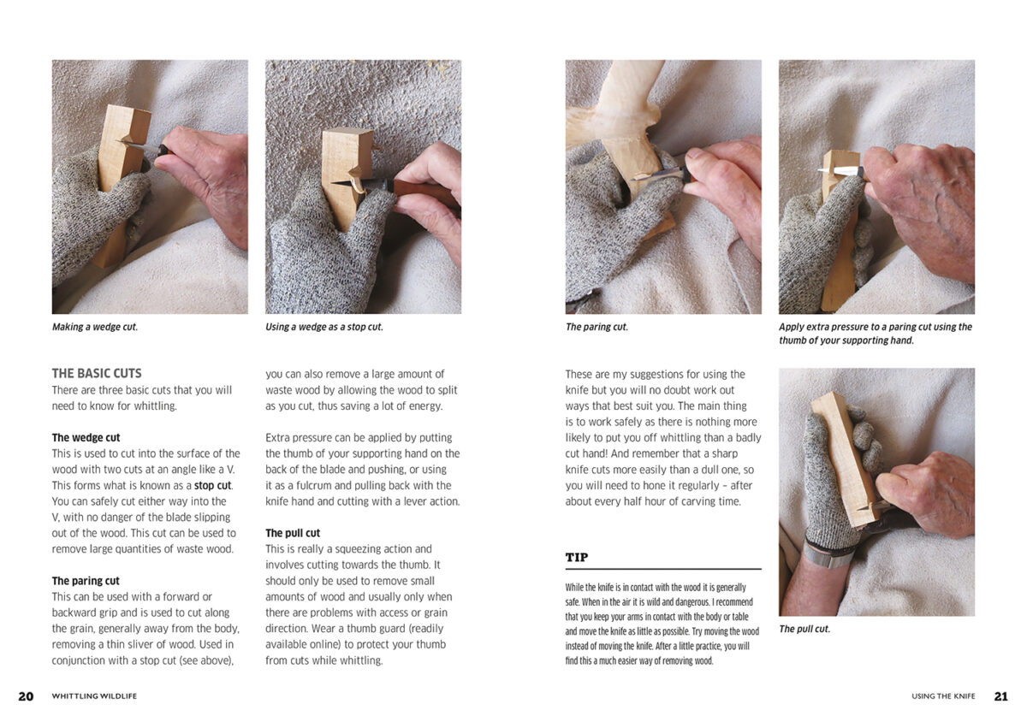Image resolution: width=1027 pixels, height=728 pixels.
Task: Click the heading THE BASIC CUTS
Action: [x=97, y=373]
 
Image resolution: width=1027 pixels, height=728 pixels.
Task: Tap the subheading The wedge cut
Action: [x=86, y=437]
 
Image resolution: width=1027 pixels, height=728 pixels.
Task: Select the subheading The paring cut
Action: [x=86, y=581]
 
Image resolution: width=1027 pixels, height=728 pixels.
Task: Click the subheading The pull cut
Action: [x=293, y=533]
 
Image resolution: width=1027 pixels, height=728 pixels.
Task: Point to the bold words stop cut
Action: [x=213, y=485]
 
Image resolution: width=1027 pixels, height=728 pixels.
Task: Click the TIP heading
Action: [x=577, y=557]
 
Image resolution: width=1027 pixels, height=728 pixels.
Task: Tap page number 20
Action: [x=26, y=696]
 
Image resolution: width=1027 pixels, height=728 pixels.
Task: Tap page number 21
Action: [x=1000, y=696]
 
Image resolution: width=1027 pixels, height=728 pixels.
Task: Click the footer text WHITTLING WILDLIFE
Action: [x=94, y=696]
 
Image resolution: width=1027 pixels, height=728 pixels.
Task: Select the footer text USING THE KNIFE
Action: [x=943, y=696]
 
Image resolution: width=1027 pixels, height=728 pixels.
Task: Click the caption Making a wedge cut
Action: [x=95, y=327]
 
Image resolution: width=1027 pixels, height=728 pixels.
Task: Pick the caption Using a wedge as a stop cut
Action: [x=324, y=327]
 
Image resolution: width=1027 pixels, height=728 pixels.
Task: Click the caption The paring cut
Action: [x=597, y=327]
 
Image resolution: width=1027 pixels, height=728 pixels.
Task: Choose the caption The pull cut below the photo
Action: [x=804, y=629]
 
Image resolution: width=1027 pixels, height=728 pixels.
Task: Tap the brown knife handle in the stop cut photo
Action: [x=424, y=192]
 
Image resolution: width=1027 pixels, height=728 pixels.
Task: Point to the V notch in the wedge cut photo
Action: [x=127, y=139]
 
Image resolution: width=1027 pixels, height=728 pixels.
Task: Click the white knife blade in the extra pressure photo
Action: [x=838, y=170]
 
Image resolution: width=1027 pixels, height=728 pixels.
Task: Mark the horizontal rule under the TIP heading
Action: [x=663, y=569]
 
